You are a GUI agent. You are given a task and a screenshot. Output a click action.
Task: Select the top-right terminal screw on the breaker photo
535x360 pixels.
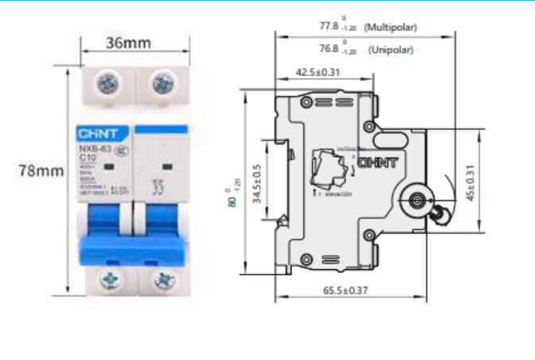(x=163, y=83)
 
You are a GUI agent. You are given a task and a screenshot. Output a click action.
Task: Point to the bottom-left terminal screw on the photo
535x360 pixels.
(x=106, y=280)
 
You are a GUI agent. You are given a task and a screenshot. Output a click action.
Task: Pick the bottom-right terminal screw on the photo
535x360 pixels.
(x=163, y=280)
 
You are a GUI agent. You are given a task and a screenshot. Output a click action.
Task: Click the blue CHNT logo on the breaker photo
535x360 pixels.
(x=96, y=134)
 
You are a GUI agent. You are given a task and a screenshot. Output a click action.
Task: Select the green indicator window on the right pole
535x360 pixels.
(x=167, y=166)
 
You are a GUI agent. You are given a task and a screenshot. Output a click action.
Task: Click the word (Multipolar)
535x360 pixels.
(x=391, y=27)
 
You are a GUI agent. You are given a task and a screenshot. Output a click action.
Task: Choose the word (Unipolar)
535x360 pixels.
(x=391, y=49)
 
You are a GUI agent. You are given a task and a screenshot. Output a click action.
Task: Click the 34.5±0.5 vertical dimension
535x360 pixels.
(x=257, y=185)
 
